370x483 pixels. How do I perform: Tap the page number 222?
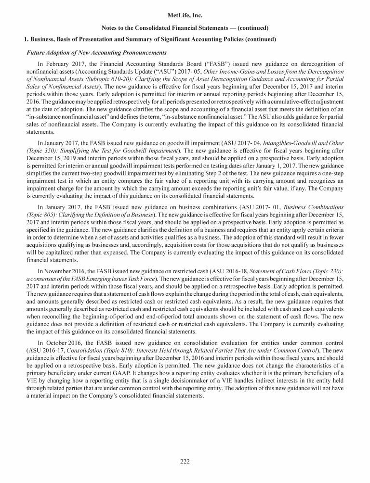tap(185, 462)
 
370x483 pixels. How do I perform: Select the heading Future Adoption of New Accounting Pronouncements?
tap(96, 52)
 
